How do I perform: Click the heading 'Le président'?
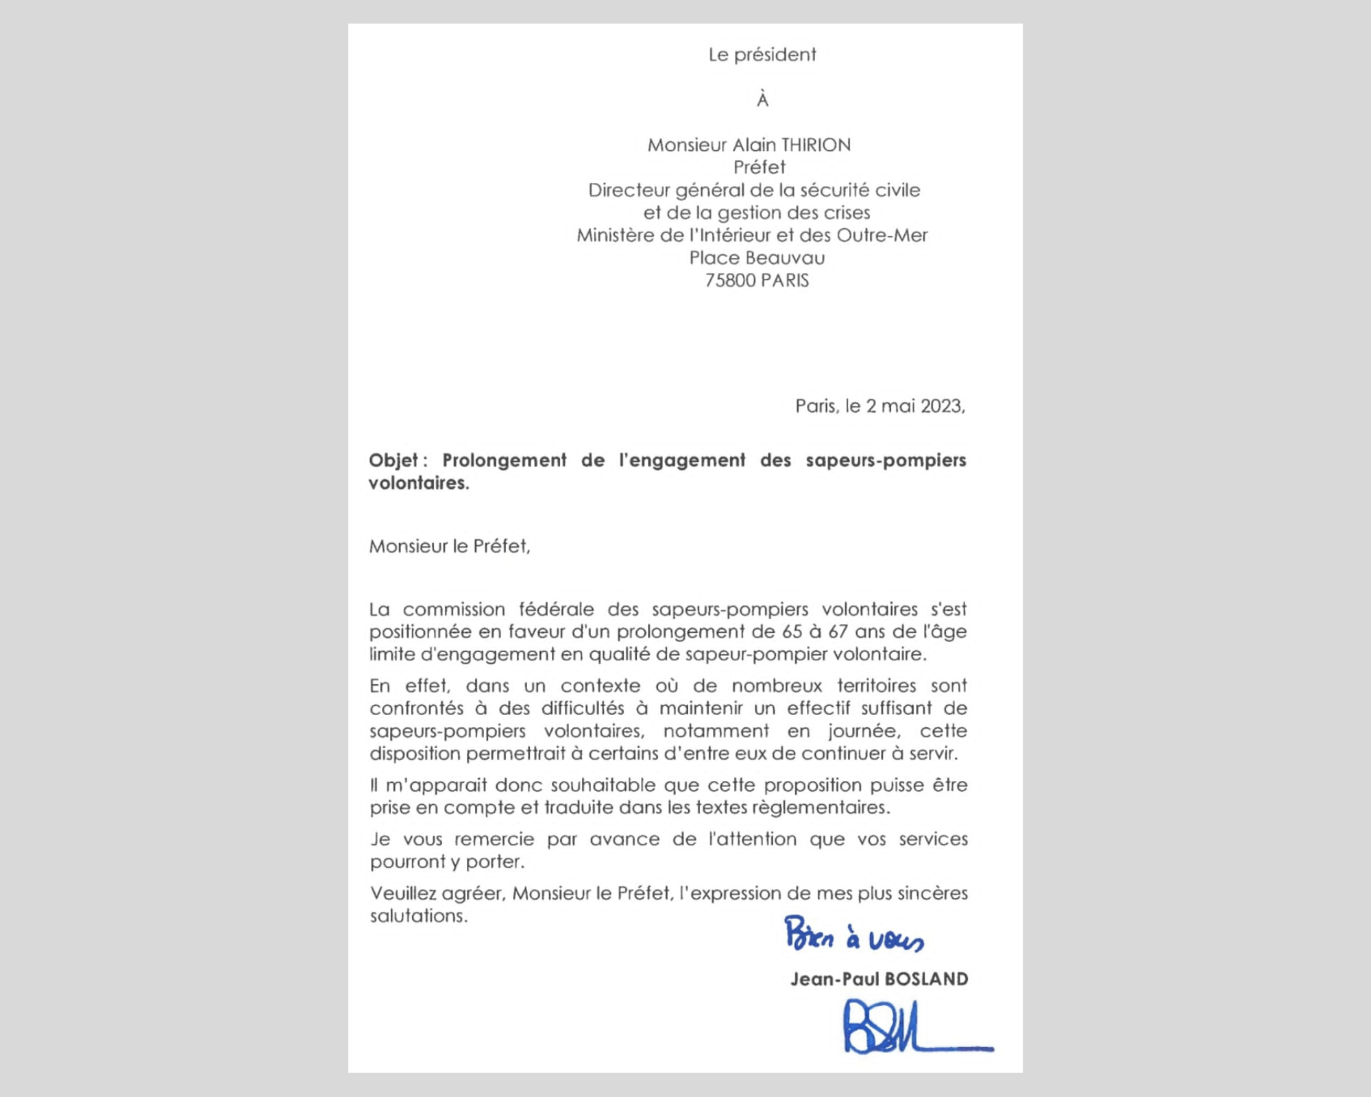pyautogui.click(x=762, y=55)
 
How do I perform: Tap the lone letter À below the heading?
pyautogui.click(x=762, y=100)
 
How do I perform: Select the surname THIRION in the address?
pyautogui.click(x=816, y=145)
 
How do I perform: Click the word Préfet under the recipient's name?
pyautogui.click(x=760, y=167)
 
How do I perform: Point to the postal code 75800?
pyautogui.click(x=730, y=280)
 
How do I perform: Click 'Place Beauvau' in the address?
pyautogui.click(x=757, y=258)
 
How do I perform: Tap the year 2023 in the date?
pyautogui.click(x=942, y=407)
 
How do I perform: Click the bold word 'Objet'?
pyautogui.click(x=393, y=460)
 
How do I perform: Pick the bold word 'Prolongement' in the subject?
pyautogui.click(x=504, y=460)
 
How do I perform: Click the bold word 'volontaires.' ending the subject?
pyautogui.click(x=419, y=483)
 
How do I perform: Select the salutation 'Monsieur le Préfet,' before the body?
pyautogui.click(x=450, y=546)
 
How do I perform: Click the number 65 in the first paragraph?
pyautogui.click(x=792, y=631)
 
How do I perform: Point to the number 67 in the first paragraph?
pyautogui.click(x=838, y=631)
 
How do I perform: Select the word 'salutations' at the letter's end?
pyautogui.click(x=418, y=916)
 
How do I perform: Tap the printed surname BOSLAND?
pyautogui.click(x=926, y=979)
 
